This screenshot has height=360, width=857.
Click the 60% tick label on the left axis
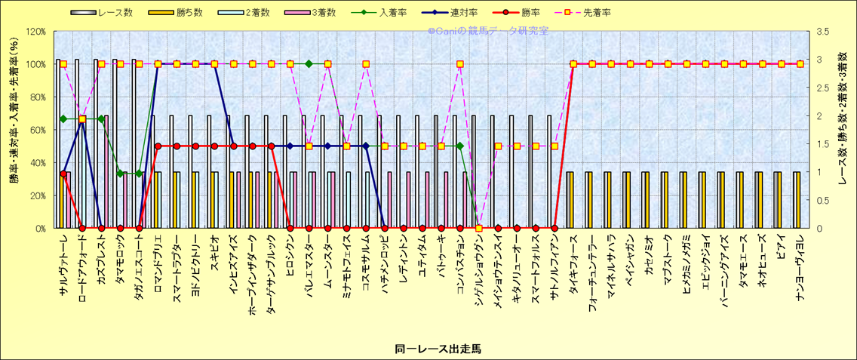pyautogui.click(x=37, y=130)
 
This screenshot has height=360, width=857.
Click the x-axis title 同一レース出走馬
pyautogui.click(x=427, y=349)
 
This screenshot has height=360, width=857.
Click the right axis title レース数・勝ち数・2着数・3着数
pyautogui.click(x=843, y=130)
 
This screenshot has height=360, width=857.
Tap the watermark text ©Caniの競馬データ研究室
pyautogui.click(x=488, y=31)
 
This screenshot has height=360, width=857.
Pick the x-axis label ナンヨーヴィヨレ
pyautogui.click(x=800, y=265)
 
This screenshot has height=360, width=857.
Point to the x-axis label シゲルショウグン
pyautogui.click(x=479, y=265)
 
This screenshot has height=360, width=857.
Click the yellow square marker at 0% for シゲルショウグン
pyautogui.click(x=479, y=228)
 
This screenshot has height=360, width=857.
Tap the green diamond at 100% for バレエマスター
pyautogui.click(x=309, y=64)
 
